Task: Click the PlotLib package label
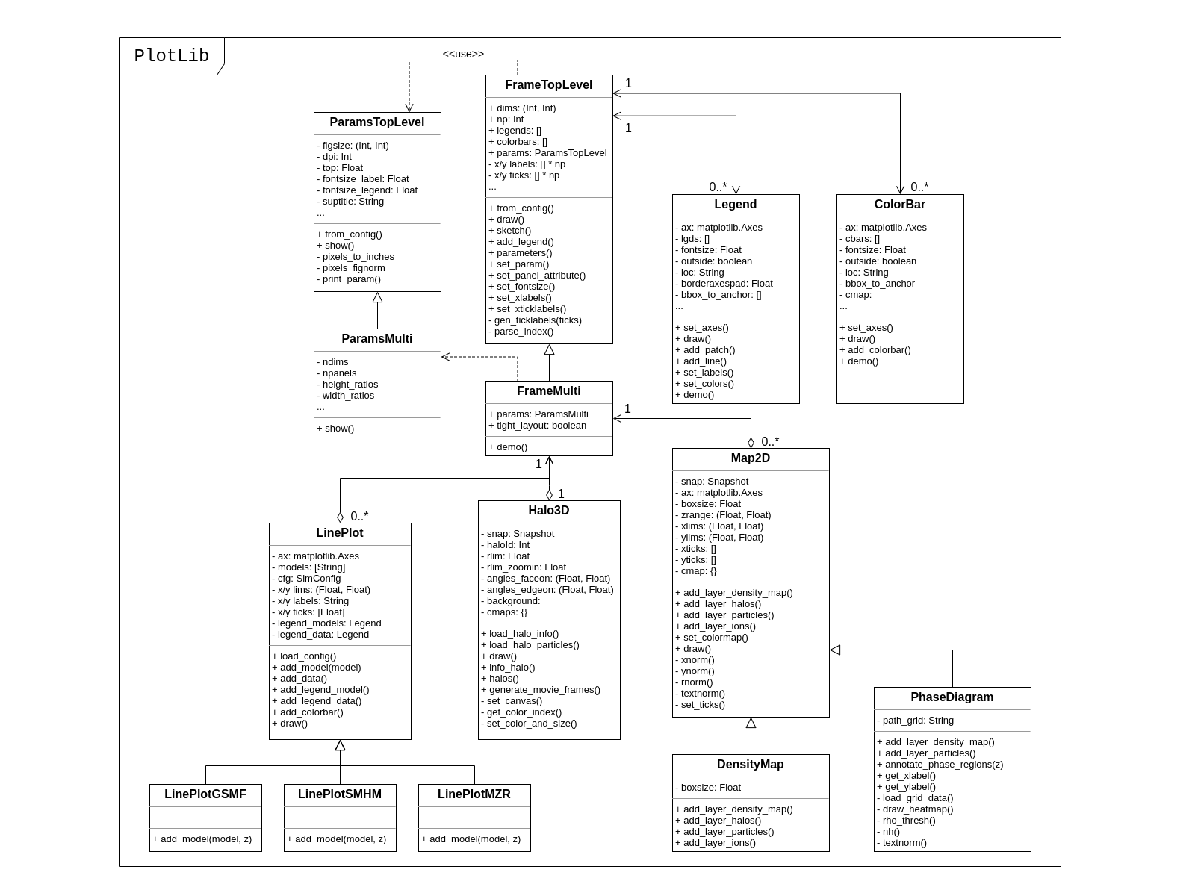pyautogui.click(x=171, y=56)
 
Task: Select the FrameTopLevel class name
pyautogui.click(x=548, y=85)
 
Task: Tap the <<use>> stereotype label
pyautogui.click(x=463, y=54)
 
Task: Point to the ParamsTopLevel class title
pyautogui.click(x=377, y=122)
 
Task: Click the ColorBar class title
pyautogui.click(x=899, y=205)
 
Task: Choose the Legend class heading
pyautogui.click(x=735, y=205)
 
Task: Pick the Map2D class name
pyautogui.click(x=750, y=458)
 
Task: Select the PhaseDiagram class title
pyautogui.click(x=952, y=697)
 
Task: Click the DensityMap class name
pyautogui.click(x=750, y=765)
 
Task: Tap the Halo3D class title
pyautogui.click(x=548, y=511)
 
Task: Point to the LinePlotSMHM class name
pyautogui.click(x=339, y=794)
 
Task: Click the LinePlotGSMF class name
pyautogui.click(x=205, y=794)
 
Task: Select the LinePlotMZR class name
pyautogui.click(x=474, y=794)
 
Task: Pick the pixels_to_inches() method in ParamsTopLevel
pyautogui.click(x=358, y=257)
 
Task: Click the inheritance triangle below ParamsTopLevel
pyautogui.click(x=377, y=297)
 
